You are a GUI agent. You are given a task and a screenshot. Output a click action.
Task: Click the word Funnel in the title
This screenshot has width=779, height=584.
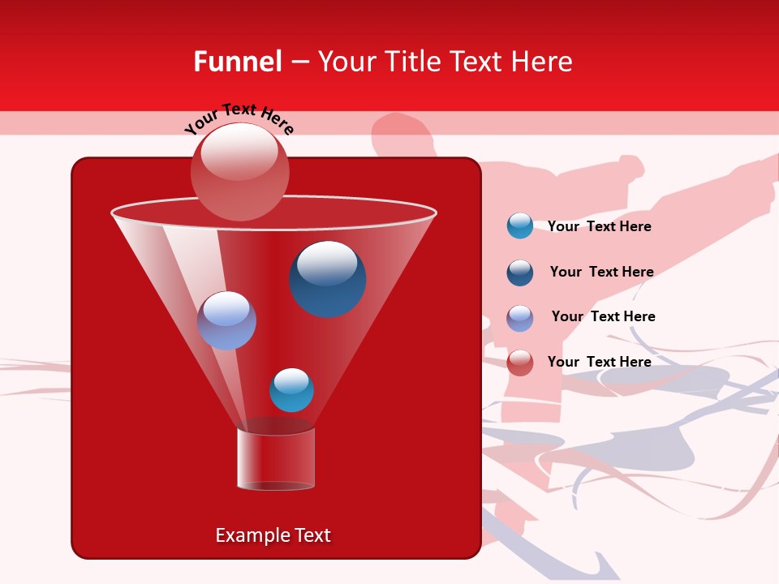237,62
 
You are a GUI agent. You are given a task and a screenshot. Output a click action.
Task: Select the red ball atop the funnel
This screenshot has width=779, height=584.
239,171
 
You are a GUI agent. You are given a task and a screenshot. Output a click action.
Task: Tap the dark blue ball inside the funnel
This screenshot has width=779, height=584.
327,279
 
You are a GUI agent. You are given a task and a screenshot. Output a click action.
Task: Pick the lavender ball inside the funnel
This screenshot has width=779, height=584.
226,320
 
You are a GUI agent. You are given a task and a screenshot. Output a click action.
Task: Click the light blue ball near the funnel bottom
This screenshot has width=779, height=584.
291,389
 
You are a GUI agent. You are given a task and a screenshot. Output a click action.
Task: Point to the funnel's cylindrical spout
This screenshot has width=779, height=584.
276,459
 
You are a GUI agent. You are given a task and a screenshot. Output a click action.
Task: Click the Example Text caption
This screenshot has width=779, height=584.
273,535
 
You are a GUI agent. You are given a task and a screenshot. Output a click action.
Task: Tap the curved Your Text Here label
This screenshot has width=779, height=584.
239,118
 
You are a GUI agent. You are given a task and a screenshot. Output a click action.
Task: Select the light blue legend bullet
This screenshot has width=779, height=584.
519,225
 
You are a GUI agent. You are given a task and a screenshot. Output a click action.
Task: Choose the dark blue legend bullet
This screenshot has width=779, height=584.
519,273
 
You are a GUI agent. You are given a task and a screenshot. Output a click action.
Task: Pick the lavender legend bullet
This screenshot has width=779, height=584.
519,318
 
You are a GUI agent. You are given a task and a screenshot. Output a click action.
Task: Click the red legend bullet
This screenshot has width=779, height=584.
519,363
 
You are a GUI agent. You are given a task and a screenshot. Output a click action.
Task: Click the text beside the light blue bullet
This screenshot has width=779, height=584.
599,226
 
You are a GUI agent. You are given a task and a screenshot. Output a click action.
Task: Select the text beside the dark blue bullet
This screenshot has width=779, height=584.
601,272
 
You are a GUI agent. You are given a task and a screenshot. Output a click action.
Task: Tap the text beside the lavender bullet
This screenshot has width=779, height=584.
603,316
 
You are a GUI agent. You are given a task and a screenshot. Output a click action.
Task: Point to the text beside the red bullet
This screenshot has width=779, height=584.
599,362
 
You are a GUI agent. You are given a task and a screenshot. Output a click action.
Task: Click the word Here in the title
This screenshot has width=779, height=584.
543,62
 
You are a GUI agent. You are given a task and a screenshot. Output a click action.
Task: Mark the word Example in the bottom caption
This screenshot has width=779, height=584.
247,535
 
